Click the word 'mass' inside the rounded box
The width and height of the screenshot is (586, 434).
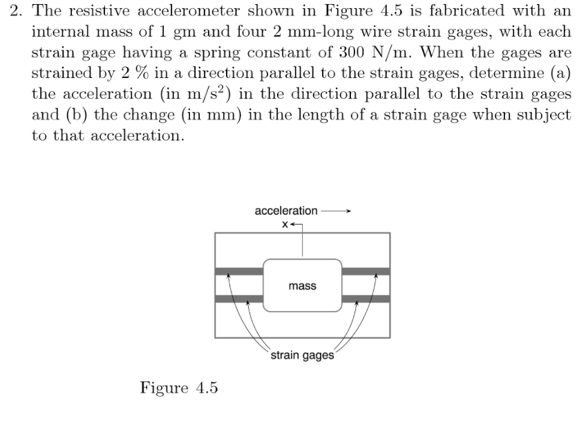click(303, 286)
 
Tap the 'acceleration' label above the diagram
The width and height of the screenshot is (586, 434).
click(286, 210)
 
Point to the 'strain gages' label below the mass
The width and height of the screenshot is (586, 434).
click(302, 356)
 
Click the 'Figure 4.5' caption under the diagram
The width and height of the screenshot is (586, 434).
click(179, 388)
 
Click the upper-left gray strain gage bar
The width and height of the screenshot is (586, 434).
click(239, 271)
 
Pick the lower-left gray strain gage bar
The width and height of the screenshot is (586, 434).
click(239, 299)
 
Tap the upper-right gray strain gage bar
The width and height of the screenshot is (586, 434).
click(366, 271)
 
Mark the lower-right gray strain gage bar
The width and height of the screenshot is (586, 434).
click(366, 299)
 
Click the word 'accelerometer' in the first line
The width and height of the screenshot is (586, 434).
click(182, 11)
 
